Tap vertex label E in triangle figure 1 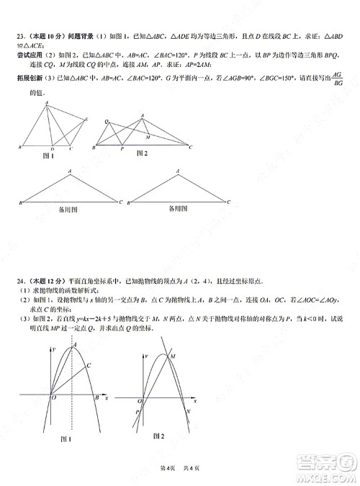pos(86,119)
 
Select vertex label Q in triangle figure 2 pos(107,121)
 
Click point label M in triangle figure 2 pos(148,135)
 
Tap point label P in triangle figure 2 pos(122,149)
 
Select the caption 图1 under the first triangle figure pos(49,156)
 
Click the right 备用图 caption pos(178,209)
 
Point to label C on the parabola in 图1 pos(88,366)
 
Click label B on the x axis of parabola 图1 pos(96,398)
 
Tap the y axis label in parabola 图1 pos(54,349)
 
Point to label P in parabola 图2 pos(136,411)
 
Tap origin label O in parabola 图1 pos(54,398)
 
